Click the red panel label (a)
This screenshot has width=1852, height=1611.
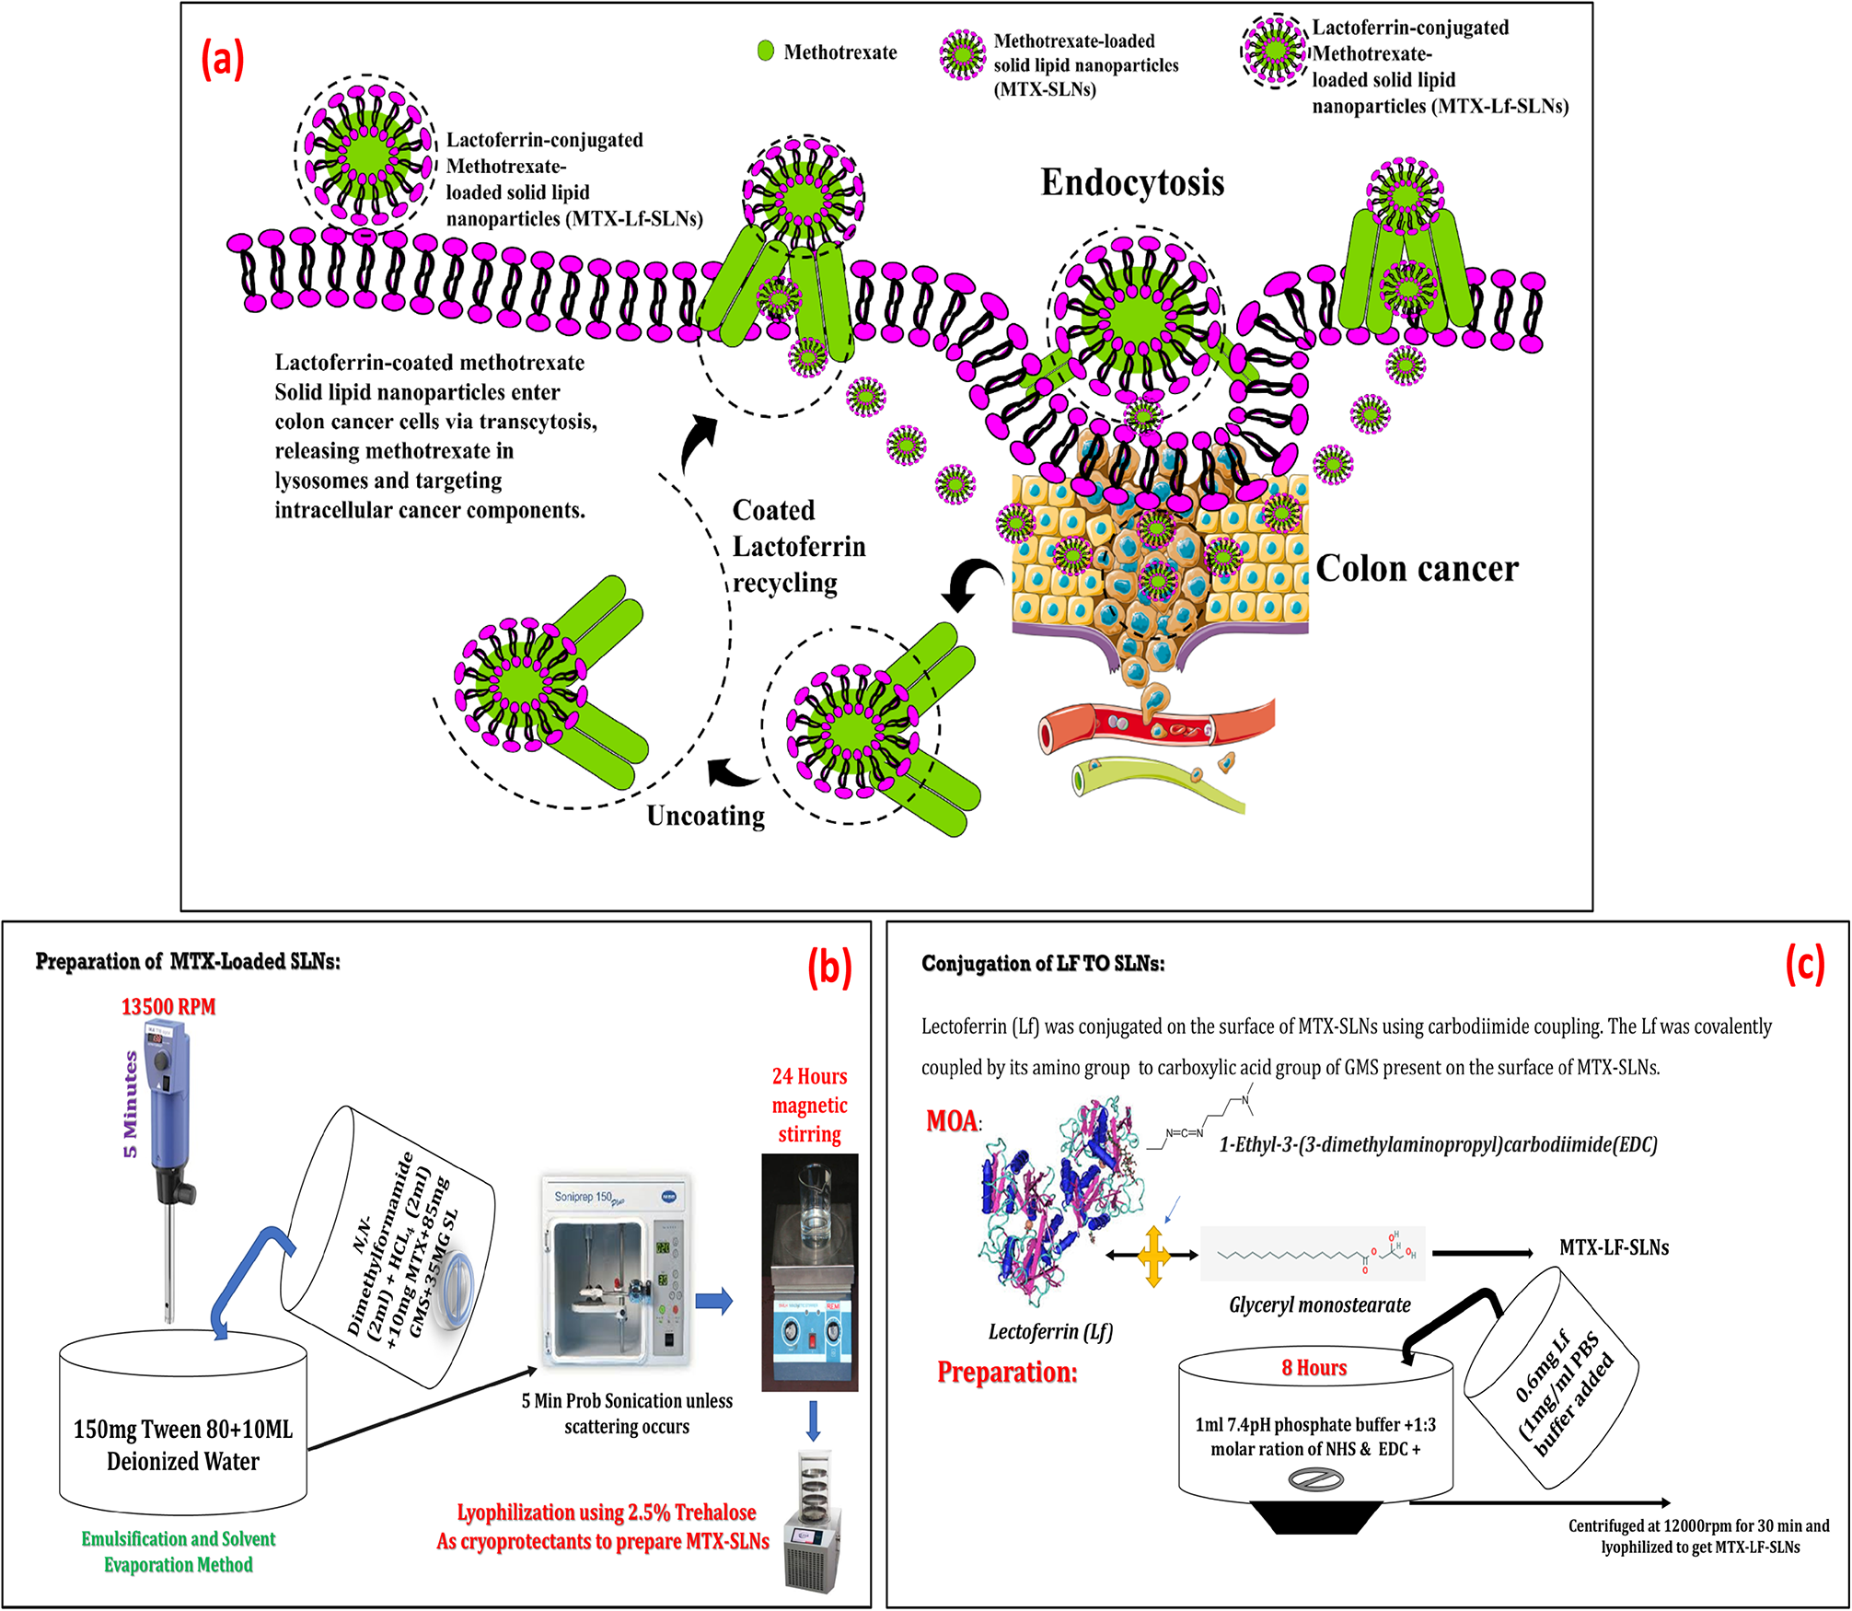point(223,60)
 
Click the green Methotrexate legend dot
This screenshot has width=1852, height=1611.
point(765,52)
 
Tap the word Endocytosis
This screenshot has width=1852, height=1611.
point(1132,182)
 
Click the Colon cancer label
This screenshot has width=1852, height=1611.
point(1417,569)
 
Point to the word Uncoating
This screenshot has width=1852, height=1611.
point(705,816)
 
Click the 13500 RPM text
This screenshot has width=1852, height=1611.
point(168,1006)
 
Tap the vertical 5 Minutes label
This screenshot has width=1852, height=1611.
point(131,1105)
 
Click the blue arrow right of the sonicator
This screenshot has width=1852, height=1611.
point(713,1301)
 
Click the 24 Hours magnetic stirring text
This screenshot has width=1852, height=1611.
point(809,1105)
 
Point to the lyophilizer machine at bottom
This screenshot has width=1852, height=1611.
point(813,1519)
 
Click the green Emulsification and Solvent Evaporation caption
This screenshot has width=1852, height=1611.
point(178,1551)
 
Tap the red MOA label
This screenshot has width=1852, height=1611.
point(952,1121)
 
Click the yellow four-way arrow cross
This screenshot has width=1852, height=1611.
point(1153,1255)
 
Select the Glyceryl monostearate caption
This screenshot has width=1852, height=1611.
point(1319,1304)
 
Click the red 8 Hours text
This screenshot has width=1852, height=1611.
point(1314,1368)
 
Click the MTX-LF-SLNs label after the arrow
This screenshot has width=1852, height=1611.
point(1614,1248)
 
